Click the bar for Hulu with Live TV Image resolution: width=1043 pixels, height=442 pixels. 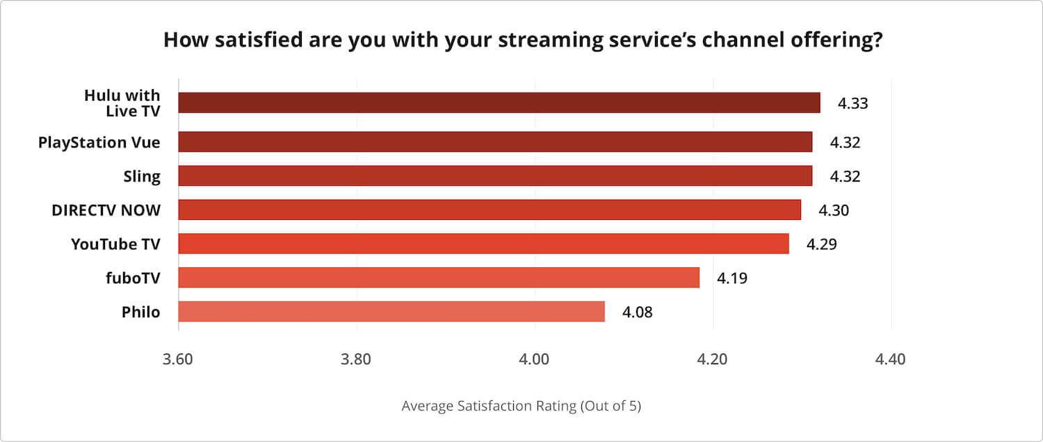499,103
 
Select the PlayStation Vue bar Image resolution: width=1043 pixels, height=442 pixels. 495,142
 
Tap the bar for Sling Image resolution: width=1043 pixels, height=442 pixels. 495,176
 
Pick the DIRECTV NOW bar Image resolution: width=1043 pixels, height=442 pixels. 490,210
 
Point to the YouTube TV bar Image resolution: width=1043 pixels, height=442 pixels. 483,244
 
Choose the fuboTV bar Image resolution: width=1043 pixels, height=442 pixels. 439,278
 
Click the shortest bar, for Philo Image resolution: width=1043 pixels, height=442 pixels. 391,312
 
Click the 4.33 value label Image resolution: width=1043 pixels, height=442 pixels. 852,104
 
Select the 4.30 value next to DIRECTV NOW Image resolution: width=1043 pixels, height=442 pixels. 834,210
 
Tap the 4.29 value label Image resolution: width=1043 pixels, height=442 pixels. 821,244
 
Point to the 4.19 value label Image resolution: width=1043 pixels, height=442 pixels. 732,278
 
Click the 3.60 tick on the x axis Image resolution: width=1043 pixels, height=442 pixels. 179,360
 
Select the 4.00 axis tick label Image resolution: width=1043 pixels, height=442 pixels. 534,360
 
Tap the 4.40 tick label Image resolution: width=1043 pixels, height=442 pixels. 890,360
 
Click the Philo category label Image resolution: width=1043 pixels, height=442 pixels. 140,313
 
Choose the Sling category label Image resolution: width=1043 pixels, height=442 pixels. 142,177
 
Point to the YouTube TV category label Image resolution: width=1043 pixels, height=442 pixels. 115,244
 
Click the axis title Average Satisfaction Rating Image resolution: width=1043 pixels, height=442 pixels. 521,406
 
